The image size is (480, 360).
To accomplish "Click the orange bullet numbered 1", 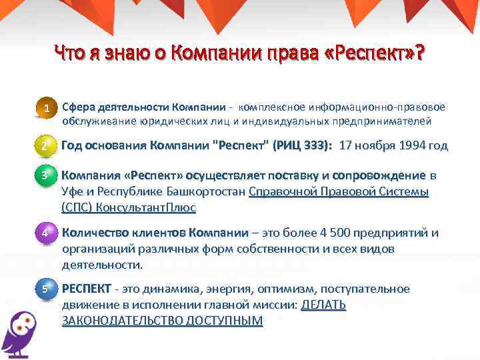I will [x=45, y=109].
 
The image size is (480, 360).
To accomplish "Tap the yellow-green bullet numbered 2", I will [x=45, y=145].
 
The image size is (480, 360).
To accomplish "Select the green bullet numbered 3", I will [x=45, y=176].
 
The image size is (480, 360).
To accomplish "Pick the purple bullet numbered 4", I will [x=45, y=233].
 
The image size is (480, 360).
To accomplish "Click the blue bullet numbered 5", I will [x=45, y=289].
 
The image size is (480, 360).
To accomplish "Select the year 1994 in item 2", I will [x=413, y=145].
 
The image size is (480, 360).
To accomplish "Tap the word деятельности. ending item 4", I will [x=102, y=265].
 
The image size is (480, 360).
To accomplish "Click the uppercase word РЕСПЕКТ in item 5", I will [x=86, y=289].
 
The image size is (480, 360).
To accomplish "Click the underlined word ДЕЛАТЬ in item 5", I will [x=323, y=305].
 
